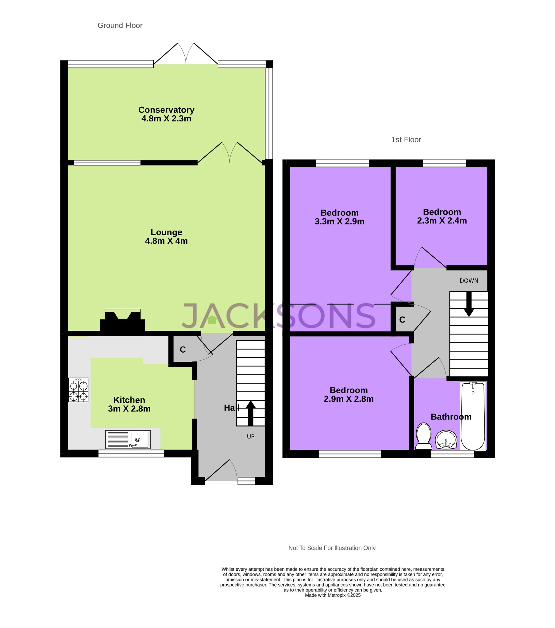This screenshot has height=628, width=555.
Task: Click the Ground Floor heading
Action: (120, 25)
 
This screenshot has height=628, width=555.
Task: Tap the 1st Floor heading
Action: (406, 140)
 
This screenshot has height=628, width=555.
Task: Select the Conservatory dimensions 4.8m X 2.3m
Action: (166, 119)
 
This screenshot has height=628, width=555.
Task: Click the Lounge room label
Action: (166, 232)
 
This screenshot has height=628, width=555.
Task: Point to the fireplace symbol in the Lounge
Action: (122, 321)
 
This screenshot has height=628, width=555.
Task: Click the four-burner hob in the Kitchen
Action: (78, 390)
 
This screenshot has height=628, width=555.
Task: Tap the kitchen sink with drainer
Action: (128, 439)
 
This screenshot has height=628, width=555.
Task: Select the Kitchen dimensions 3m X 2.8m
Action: (129, 409)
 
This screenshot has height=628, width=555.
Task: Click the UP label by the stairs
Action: (251, 437)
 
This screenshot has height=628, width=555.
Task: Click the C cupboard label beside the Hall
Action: (183, 350)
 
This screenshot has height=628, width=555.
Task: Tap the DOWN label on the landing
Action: (468, 281)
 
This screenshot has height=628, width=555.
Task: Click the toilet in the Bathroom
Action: (423, 437)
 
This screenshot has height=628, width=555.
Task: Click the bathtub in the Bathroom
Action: (473, 416)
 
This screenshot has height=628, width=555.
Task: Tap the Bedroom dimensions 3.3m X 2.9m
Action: (339, 221)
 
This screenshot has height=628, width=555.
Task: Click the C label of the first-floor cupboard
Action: (402, 320)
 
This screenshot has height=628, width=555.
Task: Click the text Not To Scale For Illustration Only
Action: (332, 548)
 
